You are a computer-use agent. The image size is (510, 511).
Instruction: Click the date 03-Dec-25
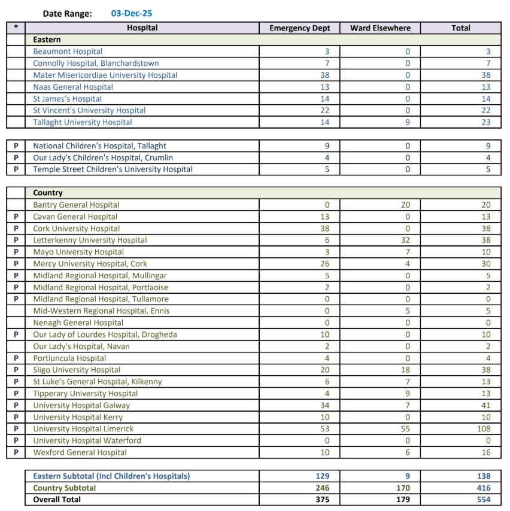(132, 13)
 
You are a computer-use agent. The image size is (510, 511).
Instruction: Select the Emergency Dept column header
(299, 28)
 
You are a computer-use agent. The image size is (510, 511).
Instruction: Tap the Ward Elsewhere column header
(380, 28)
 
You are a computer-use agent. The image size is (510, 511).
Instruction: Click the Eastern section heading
(47, 39)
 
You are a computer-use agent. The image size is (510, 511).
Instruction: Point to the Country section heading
(48, 193)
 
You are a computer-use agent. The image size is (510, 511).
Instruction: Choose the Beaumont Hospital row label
(68, 51)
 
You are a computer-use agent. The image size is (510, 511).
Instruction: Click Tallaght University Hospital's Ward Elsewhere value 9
(408, 122)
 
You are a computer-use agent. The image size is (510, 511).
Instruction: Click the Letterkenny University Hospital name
(90, 240)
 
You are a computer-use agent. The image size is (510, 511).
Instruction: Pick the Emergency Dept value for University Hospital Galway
(325, 405)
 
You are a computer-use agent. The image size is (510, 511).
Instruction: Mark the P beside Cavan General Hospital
(16, 217)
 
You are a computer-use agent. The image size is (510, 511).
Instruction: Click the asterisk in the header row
(16, 28)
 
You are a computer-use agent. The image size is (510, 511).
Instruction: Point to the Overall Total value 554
(484, 500)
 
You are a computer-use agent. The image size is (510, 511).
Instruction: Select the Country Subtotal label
(64, 488)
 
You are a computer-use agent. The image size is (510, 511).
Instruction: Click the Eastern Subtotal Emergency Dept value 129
(323, 476)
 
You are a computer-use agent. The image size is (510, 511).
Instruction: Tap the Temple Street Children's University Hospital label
(113, 169)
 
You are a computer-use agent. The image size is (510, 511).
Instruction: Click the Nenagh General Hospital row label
(78, 323)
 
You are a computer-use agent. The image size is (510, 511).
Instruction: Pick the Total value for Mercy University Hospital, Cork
(485, 263)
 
